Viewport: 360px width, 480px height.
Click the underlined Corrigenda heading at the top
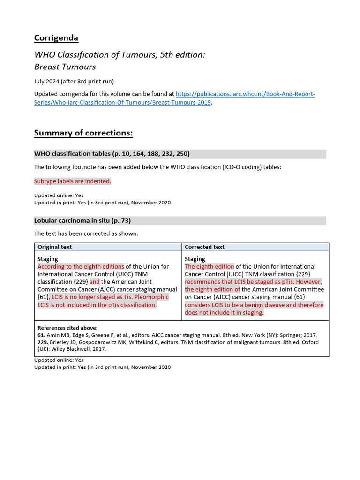point(56,38)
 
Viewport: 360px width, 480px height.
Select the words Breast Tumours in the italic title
point(65,67)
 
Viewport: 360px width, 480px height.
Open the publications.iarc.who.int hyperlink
point(245,94)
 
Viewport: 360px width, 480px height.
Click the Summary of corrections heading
point(83,133)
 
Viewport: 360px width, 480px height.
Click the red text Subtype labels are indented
point(73,181)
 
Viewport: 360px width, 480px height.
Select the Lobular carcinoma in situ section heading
point(82,220)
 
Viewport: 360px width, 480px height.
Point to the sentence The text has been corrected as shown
point(86,233)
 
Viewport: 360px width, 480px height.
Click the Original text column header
point(55,247)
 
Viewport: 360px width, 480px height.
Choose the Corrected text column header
point(204,247)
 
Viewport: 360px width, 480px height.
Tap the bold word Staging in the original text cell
point(48,259)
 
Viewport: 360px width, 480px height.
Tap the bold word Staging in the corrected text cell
point(195,259)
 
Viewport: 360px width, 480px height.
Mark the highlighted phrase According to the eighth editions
point(81,267)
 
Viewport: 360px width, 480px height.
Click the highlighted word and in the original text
point(95,282)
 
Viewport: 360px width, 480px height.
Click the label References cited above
point(67,328)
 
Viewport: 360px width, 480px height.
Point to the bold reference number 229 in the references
point(43,342)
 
